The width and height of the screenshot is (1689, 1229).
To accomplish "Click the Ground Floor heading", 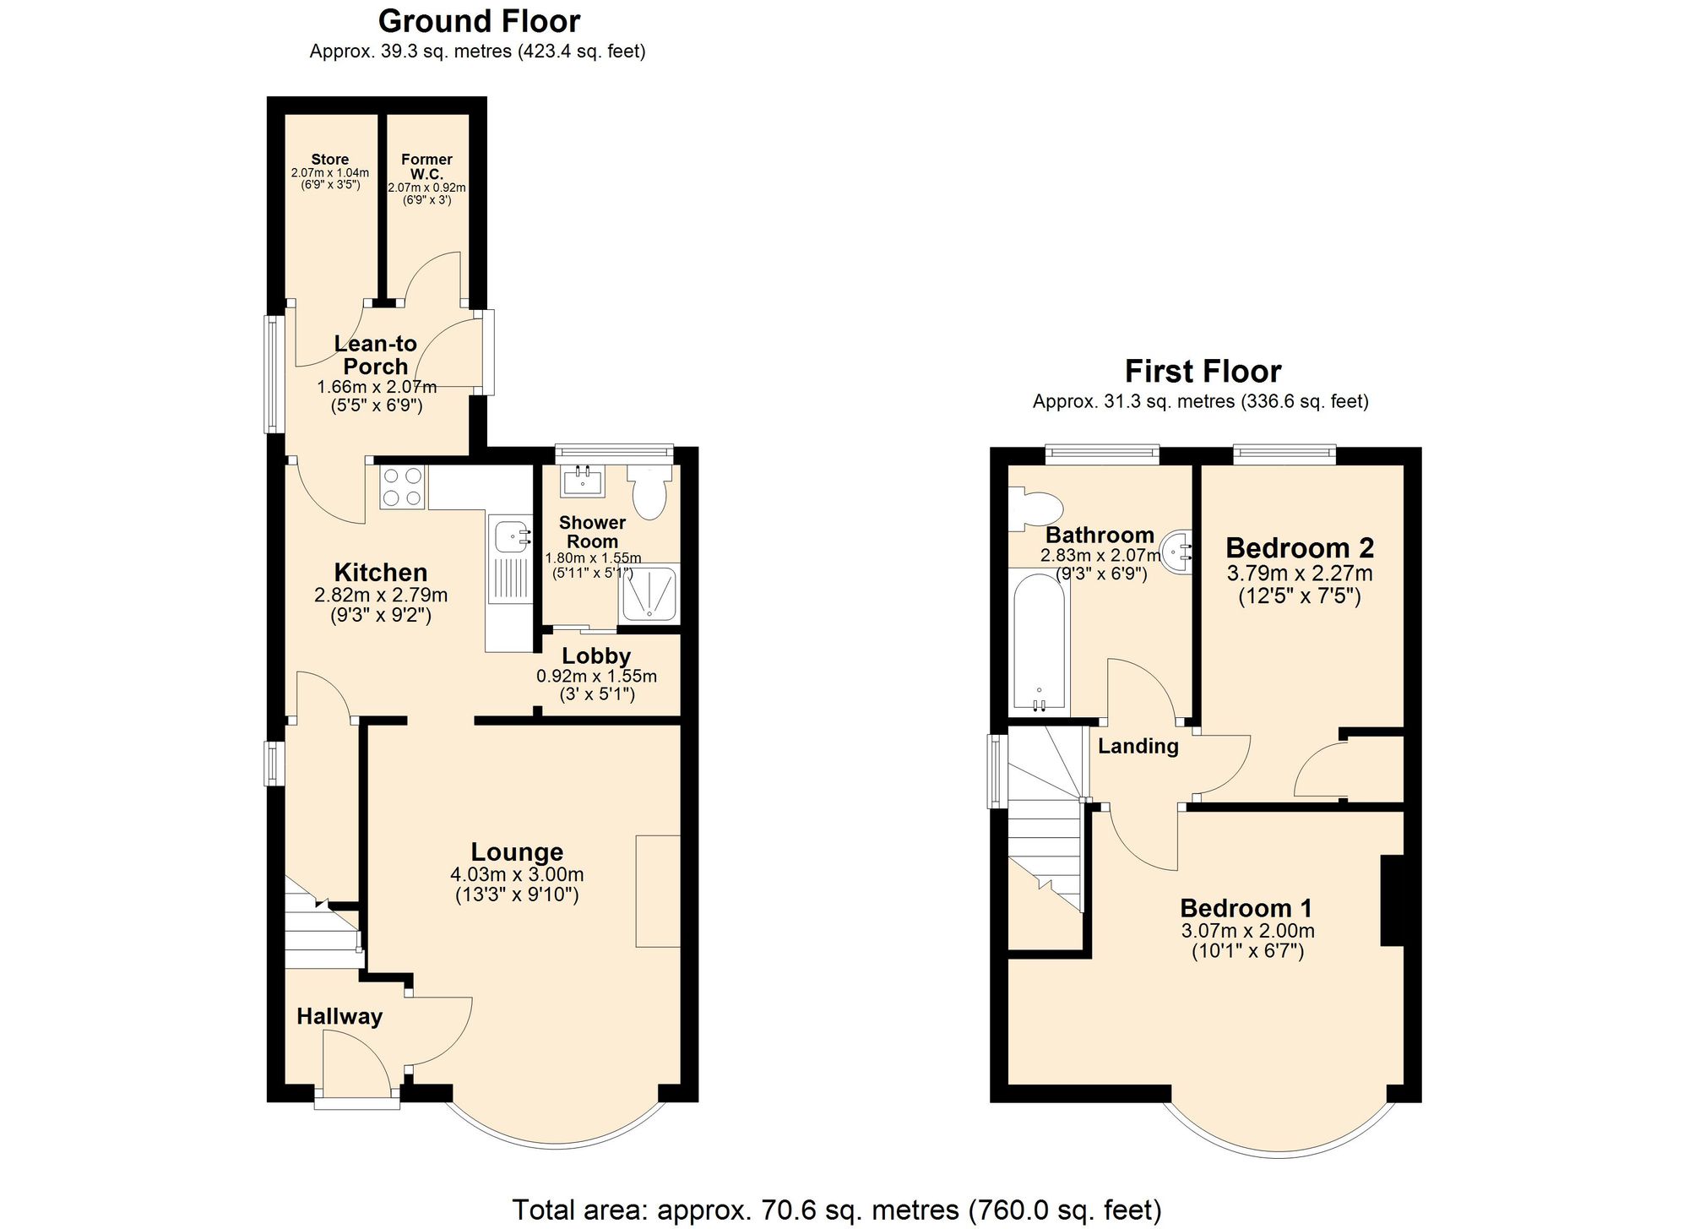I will [x=479, y=21].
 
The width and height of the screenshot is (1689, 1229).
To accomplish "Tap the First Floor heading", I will [x=1203, y=372].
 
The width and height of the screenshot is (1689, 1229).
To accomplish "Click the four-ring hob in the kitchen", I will [x=401, y=487].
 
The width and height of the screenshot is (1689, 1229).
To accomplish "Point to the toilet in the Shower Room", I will [x=649, y=494].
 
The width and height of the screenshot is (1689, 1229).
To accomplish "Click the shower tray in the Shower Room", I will [x=649, y=595].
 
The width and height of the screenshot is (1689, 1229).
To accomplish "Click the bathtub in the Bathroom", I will [x=1039, y=642].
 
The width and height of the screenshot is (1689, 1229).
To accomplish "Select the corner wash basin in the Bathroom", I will [x=1178, y=551].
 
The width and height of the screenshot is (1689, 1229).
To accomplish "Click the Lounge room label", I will [x=517, y=852].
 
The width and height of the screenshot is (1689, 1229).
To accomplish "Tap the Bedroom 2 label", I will [x=1300, y=548].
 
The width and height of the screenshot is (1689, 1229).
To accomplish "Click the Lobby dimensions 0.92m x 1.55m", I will [x=596, y=677].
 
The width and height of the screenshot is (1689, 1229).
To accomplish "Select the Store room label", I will [x=329, y=160].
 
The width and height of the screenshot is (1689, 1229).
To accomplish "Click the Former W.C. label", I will [x=426, y=166].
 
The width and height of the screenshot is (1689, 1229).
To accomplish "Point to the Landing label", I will [x=1138, y=746].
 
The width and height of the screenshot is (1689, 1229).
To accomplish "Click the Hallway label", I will [x=339, y=1016].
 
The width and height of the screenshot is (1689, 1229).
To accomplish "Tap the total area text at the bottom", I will [x=836, y=1210].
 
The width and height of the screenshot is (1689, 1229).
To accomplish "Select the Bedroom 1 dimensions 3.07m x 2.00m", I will [x=1247, y=932].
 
